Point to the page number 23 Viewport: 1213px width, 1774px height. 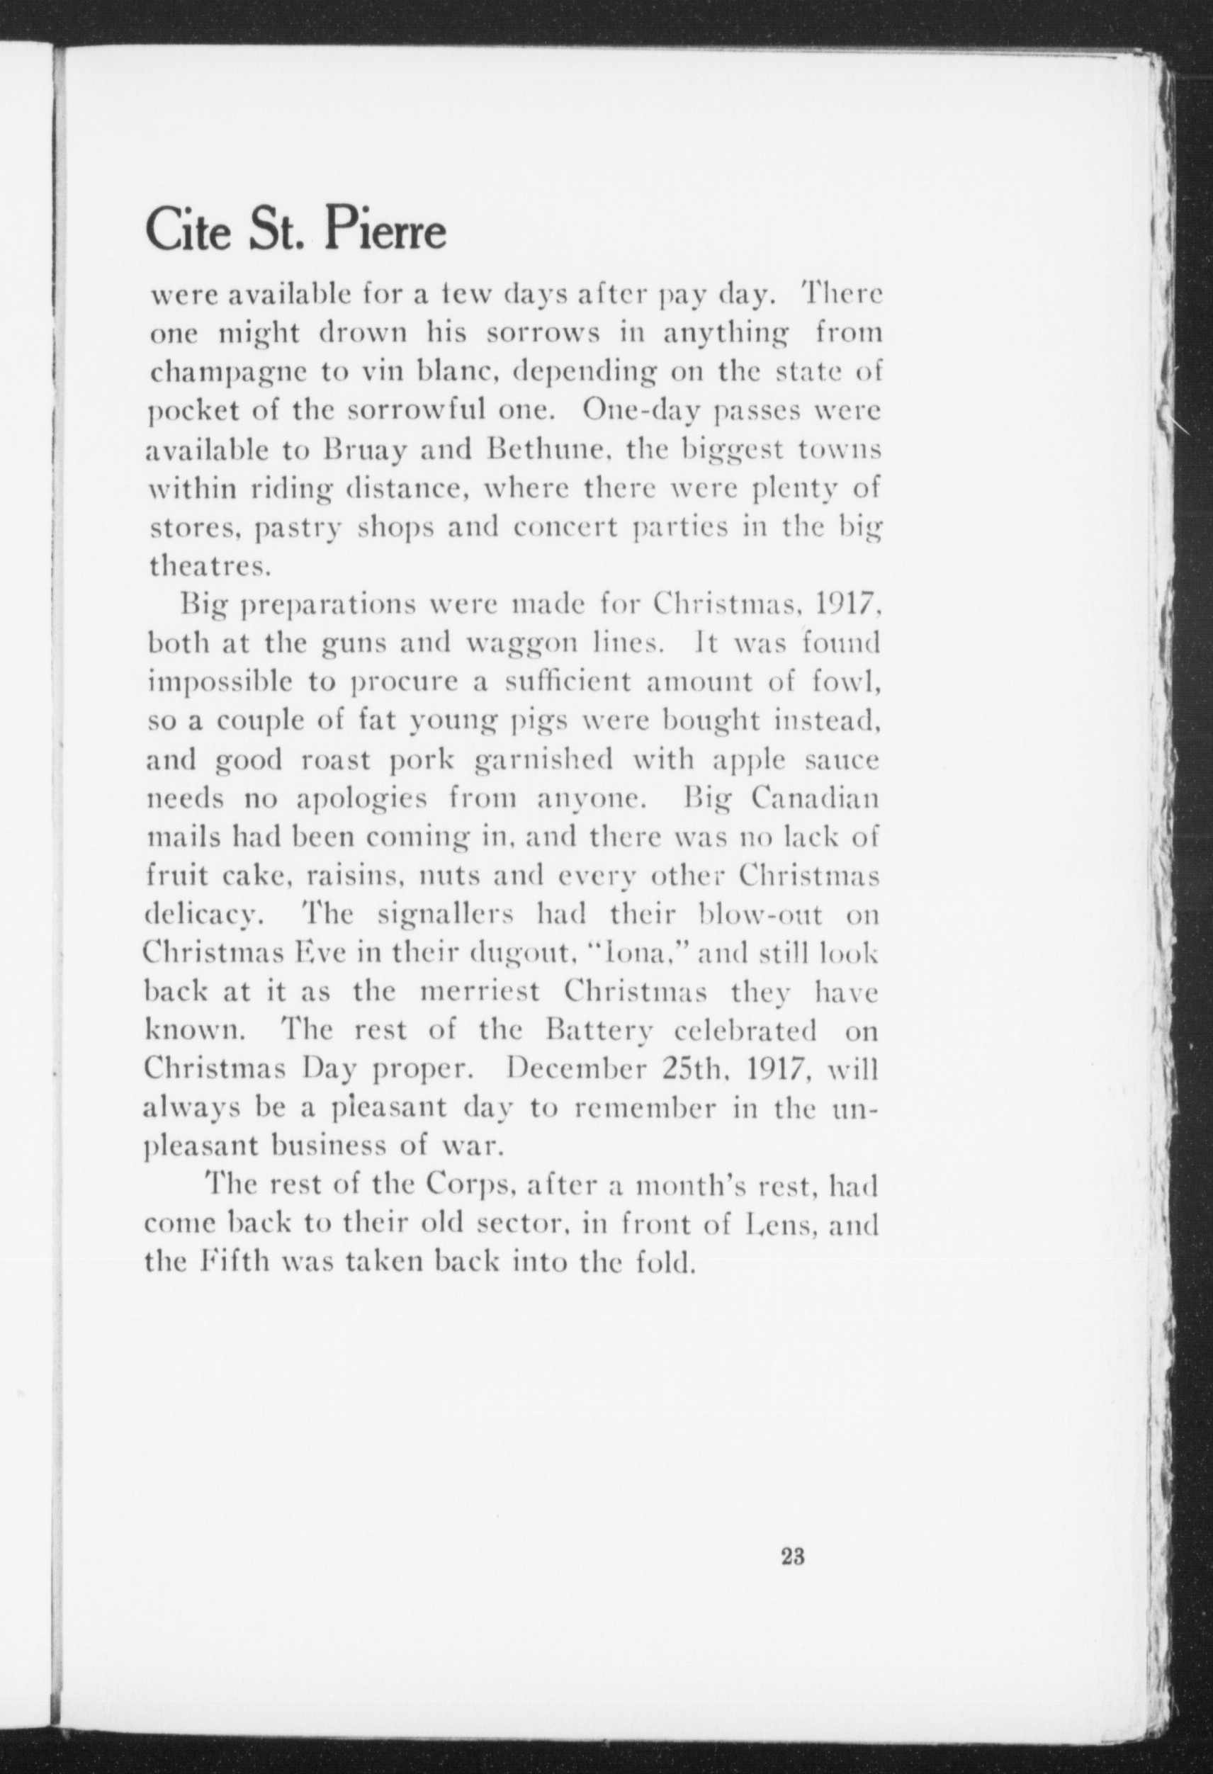click(790, 1557)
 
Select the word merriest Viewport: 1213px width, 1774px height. click(480, 992)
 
